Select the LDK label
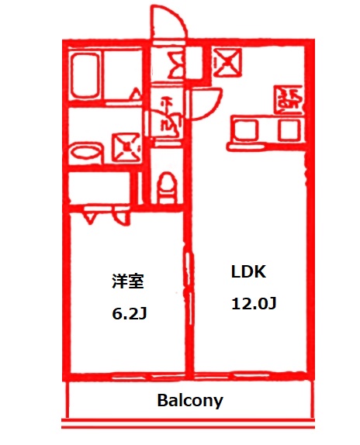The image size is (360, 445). tap(248, 272)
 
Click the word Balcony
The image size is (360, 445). tap(190, 401)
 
